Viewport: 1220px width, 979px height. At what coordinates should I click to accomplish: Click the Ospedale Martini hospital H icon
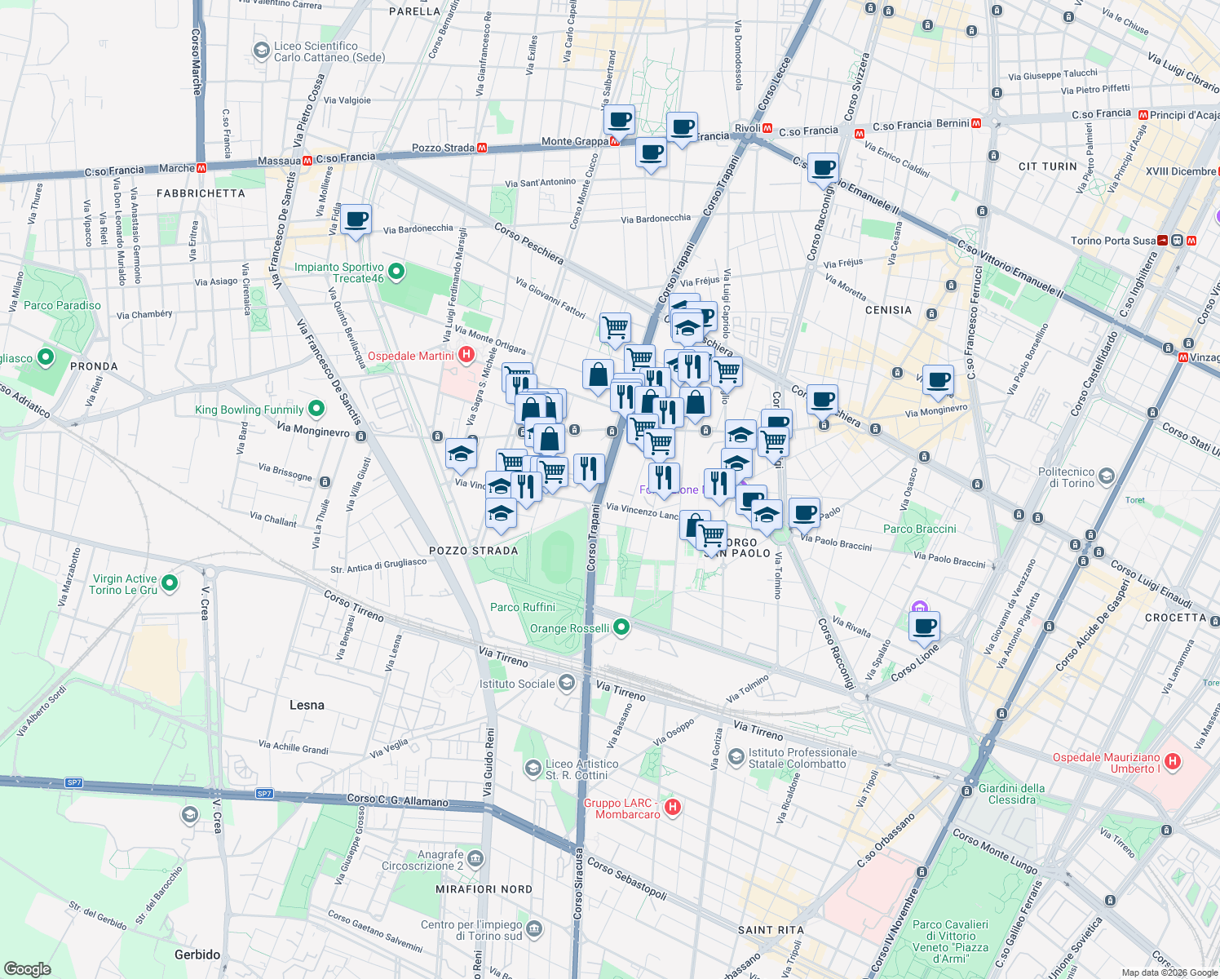coord(466,354)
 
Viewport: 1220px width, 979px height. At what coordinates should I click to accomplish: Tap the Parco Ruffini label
coord(523,607)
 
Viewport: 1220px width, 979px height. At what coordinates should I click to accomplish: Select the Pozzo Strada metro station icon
coord(482,148)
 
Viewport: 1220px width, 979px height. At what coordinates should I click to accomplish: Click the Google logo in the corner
coord(27,968)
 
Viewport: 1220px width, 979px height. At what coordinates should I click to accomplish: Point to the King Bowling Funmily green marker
coord(316,409)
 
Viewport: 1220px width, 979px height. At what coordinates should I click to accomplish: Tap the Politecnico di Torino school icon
coord(1106,476)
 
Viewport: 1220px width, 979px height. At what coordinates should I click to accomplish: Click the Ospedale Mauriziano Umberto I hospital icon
coord(1173,762)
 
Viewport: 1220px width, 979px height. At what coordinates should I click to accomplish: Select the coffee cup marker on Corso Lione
coord(924,627)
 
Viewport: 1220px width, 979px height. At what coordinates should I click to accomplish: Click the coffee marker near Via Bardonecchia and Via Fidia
coord(356,219)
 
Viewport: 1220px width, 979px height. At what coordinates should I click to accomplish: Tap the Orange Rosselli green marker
coord(621,627)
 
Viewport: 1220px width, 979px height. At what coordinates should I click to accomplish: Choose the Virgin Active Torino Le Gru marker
coord(170,583)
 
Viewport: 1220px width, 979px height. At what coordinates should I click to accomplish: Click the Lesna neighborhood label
coord(307,705)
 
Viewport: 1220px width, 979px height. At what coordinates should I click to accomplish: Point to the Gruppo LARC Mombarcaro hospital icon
coord(673,807)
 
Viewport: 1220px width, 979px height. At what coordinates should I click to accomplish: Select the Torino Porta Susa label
coord(1112,241)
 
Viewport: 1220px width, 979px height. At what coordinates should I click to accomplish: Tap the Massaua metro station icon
coord(307,161)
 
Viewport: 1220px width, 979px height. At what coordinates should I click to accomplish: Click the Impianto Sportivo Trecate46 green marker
coord(396,272)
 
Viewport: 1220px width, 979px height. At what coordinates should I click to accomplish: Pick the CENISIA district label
coord(888,310)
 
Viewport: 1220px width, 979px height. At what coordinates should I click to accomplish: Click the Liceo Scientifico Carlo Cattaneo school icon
coord(261,51)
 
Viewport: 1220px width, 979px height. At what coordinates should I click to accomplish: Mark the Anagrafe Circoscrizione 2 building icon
coord(476,859)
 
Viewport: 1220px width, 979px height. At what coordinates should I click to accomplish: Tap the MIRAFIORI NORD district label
coord(484,889)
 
